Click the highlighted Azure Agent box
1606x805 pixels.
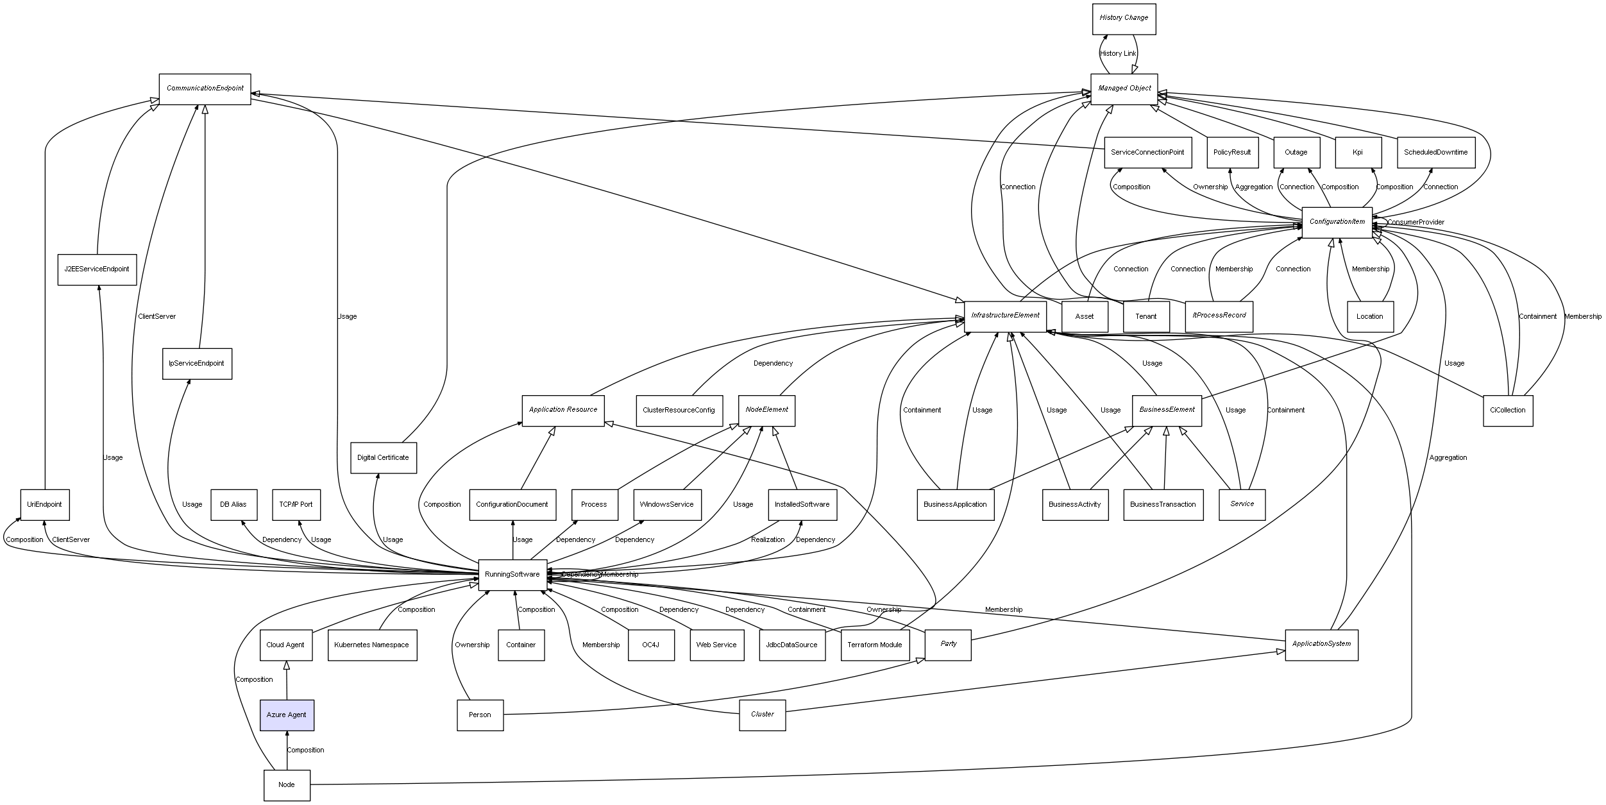click(287, 715)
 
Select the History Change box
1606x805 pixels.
click(1124, 19)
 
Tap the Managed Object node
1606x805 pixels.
click(1124, 89)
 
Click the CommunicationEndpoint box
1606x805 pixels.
click(205, 89)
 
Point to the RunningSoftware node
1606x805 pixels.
click(512, 574)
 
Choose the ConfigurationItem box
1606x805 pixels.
click(1337, 222)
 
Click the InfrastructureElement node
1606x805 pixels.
click(1005, 316)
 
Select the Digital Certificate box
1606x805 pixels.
click(383, 457)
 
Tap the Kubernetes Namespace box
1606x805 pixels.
click(372, 645)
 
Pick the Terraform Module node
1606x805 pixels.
click(874, 645)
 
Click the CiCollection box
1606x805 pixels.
click(1507, 410)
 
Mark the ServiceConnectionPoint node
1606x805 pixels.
click(1147, 152)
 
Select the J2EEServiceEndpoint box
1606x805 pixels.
click(97, 269)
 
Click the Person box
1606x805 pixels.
click(480, 715)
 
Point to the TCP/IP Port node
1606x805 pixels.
click(296, 504)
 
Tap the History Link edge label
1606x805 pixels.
click(1118, 53)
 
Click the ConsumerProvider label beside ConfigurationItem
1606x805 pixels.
click(1416, 222)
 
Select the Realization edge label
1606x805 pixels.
click(768, 539)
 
